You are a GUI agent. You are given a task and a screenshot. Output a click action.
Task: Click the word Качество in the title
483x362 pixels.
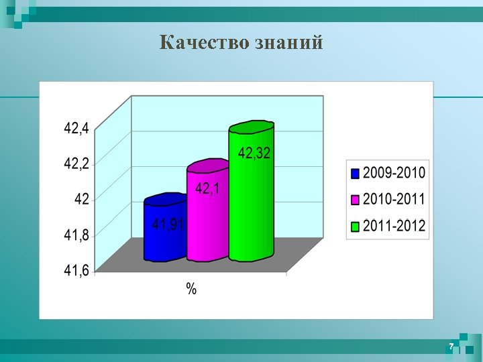click(x=205, y=43)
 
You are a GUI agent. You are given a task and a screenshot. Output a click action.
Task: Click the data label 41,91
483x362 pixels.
click(x=168, y=225)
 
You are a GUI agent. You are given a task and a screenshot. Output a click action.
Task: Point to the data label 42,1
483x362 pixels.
click(x=207, y=190)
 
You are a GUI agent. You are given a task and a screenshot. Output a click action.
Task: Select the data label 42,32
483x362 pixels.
click(x=254, y=154)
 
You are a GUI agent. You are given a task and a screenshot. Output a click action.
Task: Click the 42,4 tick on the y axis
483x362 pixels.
click(x=76, y=128)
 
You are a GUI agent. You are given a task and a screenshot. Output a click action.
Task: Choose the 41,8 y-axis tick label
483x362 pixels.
click(x=76, y=235)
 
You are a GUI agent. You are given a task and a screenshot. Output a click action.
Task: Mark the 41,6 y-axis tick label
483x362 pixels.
click(x=76, y=271)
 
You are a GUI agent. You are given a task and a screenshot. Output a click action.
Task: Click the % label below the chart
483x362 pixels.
click(x=191, y=289)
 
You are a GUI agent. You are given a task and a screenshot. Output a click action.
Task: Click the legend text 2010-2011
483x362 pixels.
click(x=394, y=200)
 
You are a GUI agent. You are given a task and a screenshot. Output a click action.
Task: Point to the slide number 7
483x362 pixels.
click(x=451, y=346)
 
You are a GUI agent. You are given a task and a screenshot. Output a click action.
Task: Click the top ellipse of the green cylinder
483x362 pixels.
click(x=252, y=127)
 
